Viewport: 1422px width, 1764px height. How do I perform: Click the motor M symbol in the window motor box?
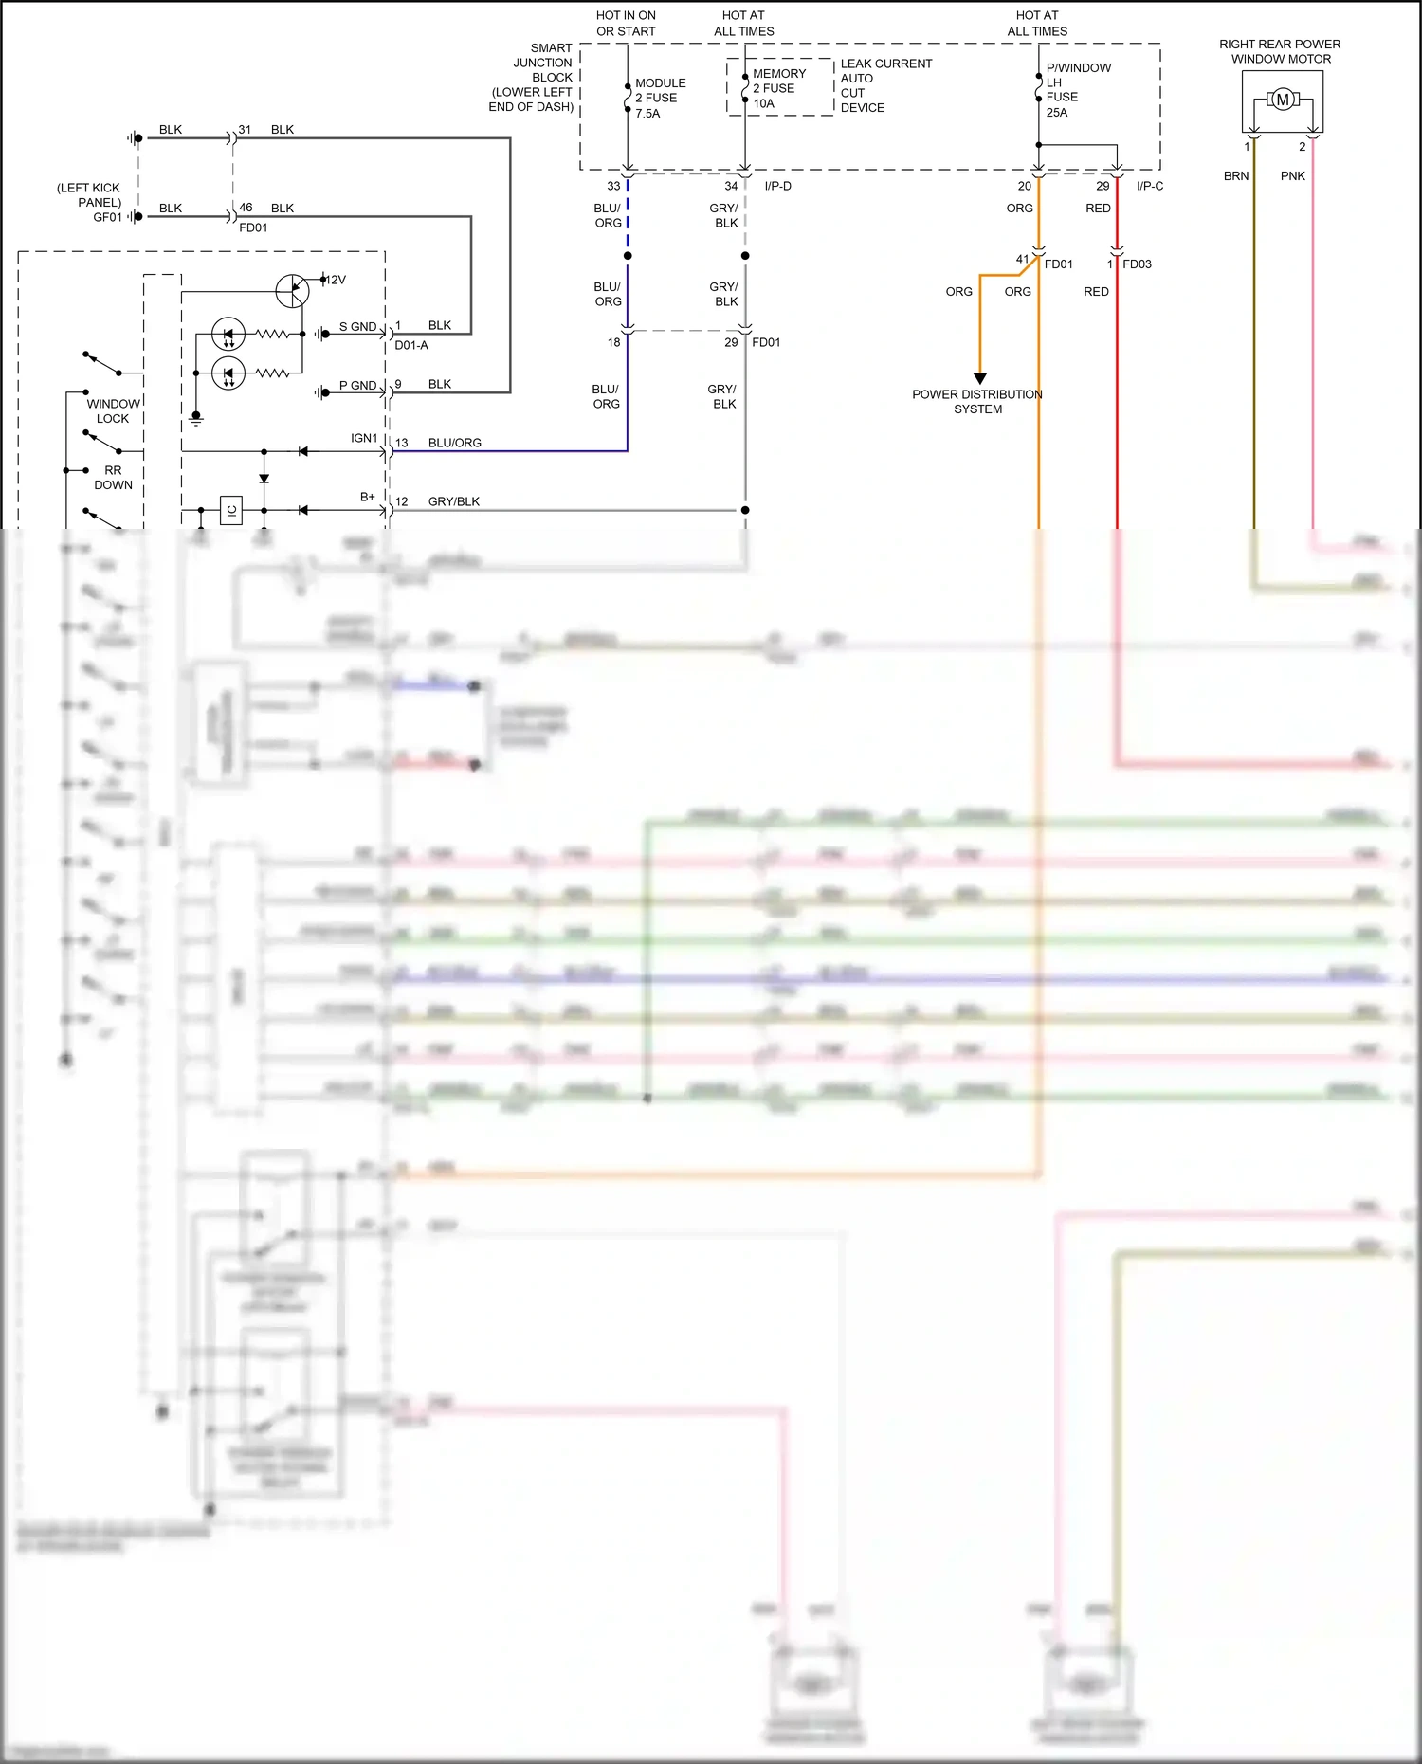(x=1282, y=100)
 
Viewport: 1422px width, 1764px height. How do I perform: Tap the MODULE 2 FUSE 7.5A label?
(x=659, y=98)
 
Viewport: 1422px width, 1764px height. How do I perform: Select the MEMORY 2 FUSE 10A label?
(x=778, y=88)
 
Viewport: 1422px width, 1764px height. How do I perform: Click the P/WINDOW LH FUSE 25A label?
(x=1077, y=90)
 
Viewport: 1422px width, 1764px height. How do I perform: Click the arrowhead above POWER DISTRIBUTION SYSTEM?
(x=980, y=378)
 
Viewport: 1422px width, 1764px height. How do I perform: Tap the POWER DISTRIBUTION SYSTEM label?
(x=977, y=402)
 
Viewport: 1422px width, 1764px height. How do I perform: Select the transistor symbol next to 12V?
(x=292, y=291)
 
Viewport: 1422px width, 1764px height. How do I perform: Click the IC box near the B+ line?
(x=230, y=510)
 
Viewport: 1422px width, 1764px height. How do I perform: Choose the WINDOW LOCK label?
(x=113, y=410)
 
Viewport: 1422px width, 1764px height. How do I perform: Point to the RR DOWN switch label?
(x=113, y=477)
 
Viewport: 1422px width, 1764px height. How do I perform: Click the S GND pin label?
(x=357, y=326)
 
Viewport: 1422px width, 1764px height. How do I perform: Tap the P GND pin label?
(x=357, y=385)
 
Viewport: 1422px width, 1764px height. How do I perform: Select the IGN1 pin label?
(x=364, y=438)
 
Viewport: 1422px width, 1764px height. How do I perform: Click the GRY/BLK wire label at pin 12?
(x=453, y=501)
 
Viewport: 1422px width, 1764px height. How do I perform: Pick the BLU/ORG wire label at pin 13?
(x=454, y=443)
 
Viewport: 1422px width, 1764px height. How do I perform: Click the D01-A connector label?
(x=410, y=345)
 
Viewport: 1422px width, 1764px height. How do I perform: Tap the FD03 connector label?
(x=1137, y=264)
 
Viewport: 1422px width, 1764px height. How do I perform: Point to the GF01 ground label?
(x=107, y=217)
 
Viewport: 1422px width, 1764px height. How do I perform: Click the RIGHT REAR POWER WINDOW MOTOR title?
(x=1280, y=51)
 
